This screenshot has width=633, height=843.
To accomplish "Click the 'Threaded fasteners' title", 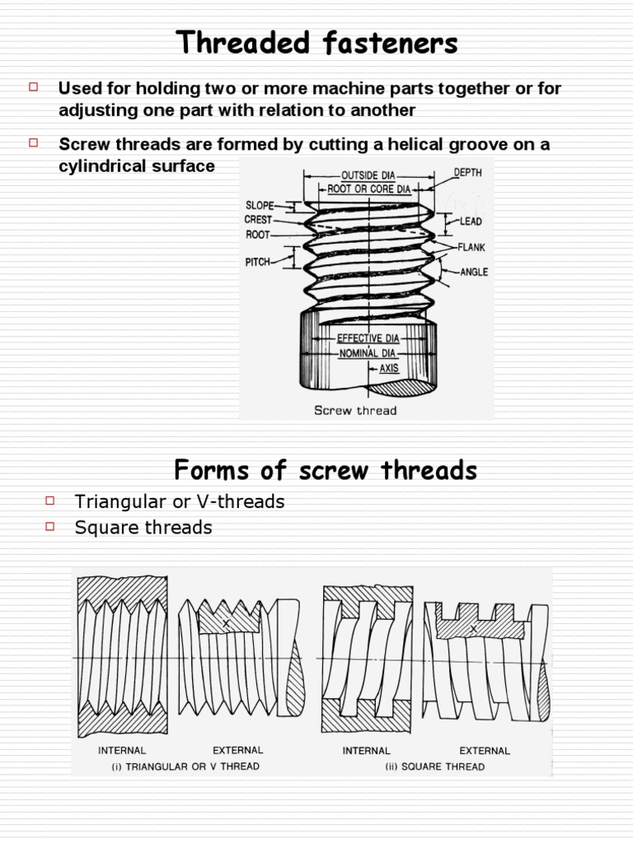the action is pyautogui.click(x=316, y=43).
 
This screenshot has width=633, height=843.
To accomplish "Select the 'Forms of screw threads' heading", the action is pyautogui.click(x=326, y=470).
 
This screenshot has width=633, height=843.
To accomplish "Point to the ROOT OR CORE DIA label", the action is pyautogui.click(x=368, y=189).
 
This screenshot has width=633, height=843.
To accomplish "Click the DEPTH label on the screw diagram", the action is pyautogui.click(x=467, y=173).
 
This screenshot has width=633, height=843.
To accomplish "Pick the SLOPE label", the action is pyautogui.click(x=260, y=206).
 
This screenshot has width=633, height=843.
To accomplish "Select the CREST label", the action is pyautogui.click(x=258, y=220).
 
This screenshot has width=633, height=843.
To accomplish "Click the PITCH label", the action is pyautogui.click(x=258, y=261).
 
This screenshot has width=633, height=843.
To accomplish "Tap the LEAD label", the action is pyautogui.click(x=471, y=221).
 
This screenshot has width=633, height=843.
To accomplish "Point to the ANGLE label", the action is pyautogui.click(x=474, y=272).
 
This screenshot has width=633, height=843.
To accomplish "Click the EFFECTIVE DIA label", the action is pyautogui.click(x=368, y=338).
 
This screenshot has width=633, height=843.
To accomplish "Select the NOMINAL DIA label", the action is pyautogui.click(x=369, y=353).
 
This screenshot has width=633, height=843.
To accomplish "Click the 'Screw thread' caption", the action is pyautogui.click(x=355, y=410).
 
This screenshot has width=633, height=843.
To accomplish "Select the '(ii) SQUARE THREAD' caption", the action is pyautogui.click(x=434, y=766).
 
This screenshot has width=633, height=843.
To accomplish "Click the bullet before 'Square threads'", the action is pyautogui.click(x=50, y=525).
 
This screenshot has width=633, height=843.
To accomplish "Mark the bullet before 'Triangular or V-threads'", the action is pyautogui.click(x=50, y=499).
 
